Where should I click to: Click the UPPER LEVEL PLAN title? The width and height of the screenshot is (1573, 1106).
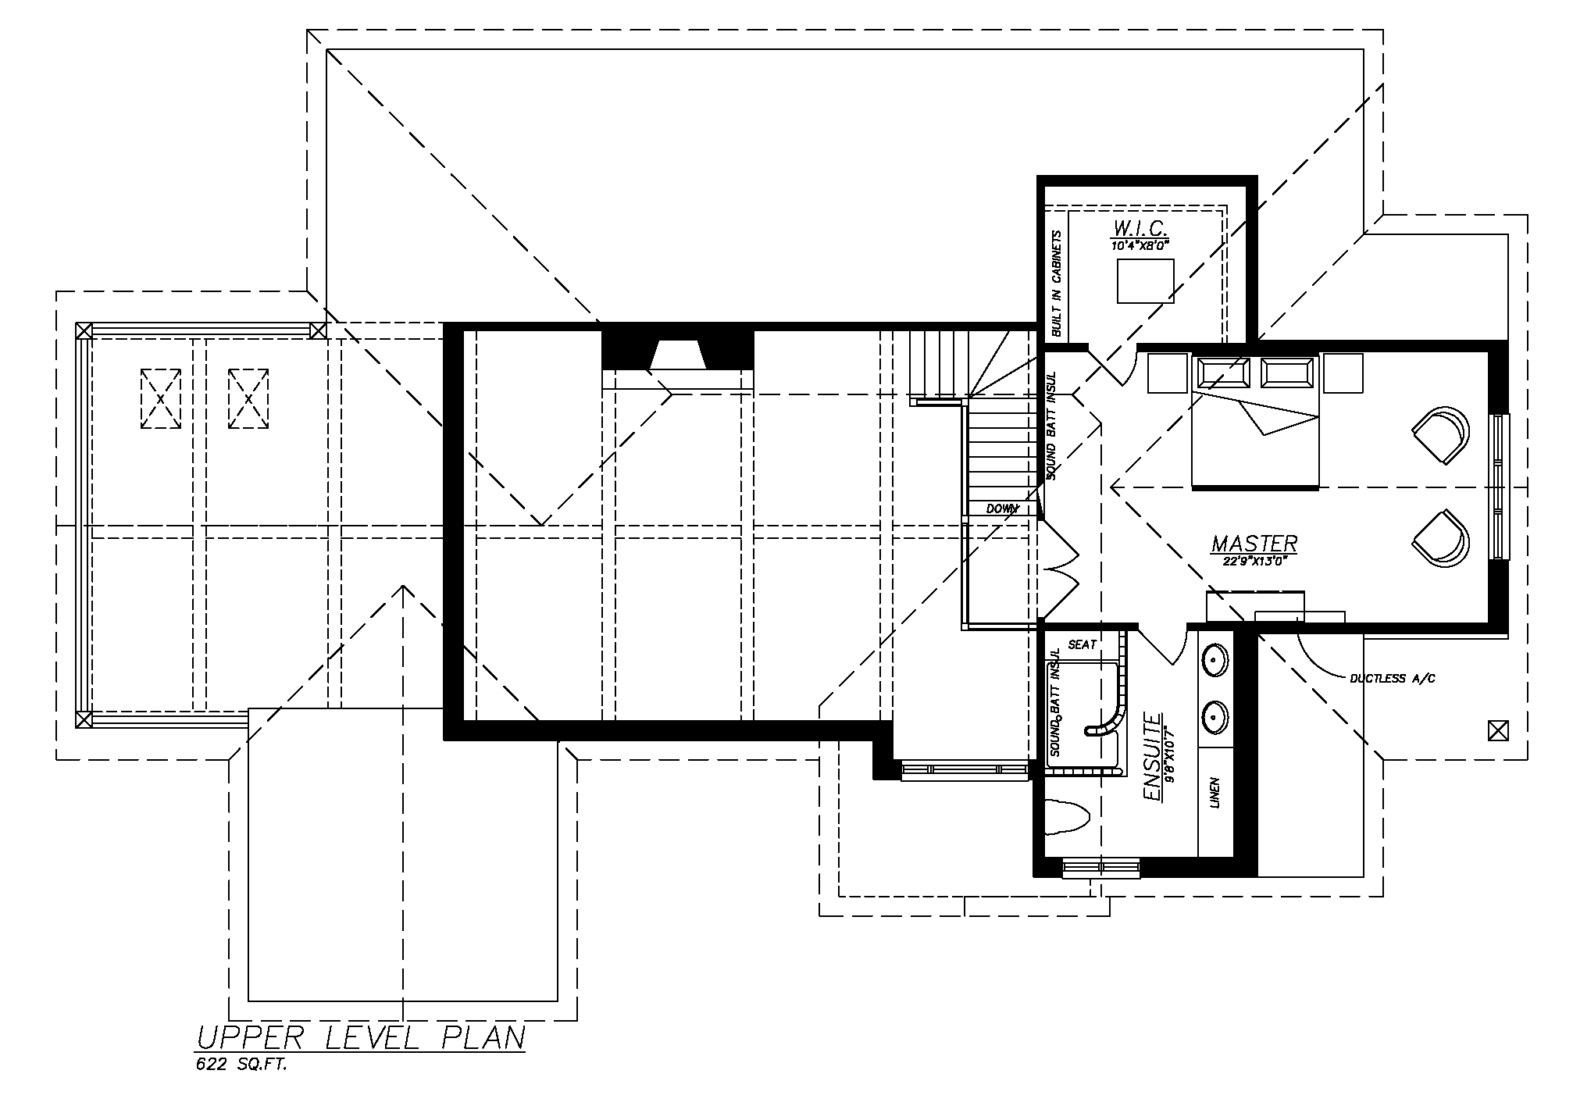point(360,1038)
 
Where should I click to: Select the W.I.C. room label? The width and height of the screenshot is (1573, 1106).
point(1140,229)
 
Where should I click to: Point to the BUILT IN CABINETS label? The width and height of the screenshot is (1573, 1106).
point(1058,284)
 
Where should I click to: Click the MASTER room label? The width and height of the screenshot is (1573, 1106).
point(1254,543)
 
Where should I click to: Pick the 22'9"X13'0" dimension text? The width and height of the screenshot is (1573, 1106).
point(1254,559)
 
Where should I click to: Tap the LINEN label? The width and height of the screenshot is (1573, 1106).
point(1215,793)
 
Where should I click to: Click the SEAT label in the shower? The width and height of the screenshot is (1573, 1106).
point(1083,644)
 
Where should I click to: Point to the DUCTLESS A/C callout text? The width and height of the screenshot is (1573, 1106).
point(1393,679)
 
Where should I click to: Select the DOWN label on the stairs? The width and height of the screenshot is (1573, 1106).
point(1003,508)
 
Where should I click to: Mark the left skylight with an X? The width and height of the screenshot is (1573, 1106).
point(161,398)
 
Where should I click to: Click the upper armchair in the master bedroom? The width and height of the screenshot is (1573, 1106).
point(1442,435)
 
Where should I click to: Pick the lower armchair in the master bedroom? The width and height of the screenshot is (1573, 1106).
point(1442,539)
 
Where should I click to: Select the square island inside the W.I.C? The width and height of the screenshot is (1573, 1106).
point(1146,281)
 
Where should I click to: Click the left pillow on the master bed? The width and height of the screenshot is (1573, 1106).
point(1222,373)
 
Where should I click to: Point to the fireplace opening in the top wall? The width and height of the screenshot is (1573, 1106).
point(678,355)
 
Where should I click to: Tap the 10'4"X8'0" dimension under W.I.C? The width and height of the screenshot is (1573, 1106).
point(1140,245)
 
